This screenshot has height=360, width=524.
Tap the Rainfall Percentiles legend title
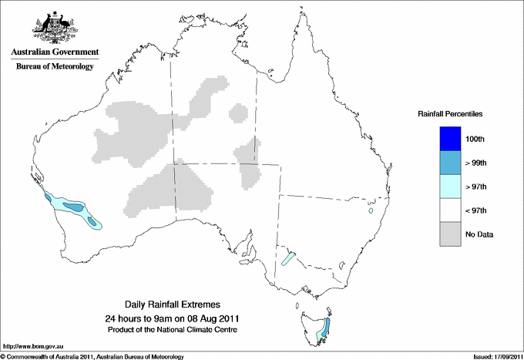pyautogui.click(x=450, y=113)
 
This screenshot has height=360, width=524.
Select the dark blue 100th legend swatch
pyautogui.click(x=445, y=139)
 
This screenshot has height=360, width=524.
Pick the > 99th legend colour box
pyautogui.click(x=445, y=163)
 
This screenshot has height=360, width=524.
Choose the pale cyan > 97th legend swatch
pyautogui.click(x=445, y=187)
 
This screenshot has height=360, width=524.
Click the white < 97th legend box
pyautogui.click(x=445, y=210)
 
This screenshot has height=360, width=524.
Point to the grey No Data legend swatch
pyautogui.click(x=445, y=234)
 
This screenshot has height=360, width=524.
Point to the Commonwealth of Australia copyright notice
pyautogui.click(x=92, y=355)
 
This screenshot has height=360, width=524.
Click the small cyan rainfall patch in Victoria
pyautogui.click(x=289, y=259)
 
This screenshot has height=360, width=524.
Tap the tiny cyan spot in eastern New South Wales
pyautogui.click(x=371, y=210)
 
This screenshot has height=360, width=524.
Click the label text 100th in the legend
pyautogui.click(x=475, y=139)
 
